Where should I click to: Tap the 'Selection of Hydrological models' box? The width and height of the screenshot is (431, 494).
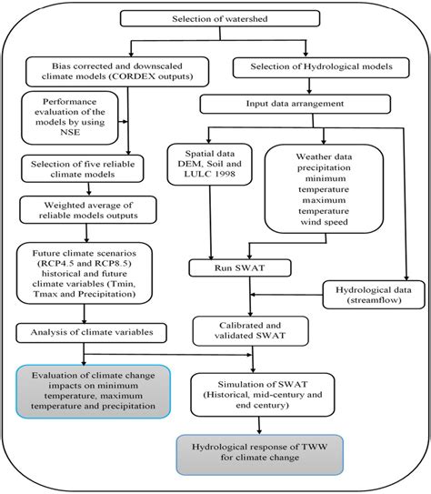(312, 66)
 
